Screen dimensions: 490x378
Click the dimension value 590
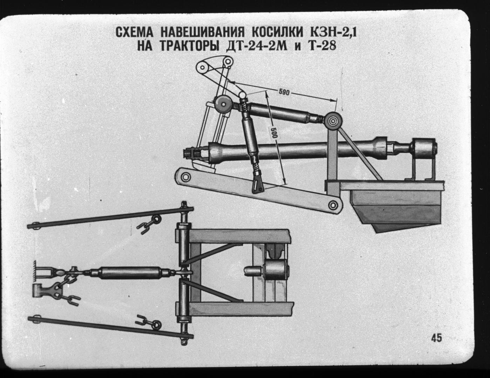pyautogui.click(x=284, y=92)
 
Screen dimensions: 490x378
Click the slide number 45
pyautogui.click(x=436, y=344)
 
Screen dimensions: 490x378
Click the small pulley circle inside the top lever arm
pyautogui.click(x=203, y=67)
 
